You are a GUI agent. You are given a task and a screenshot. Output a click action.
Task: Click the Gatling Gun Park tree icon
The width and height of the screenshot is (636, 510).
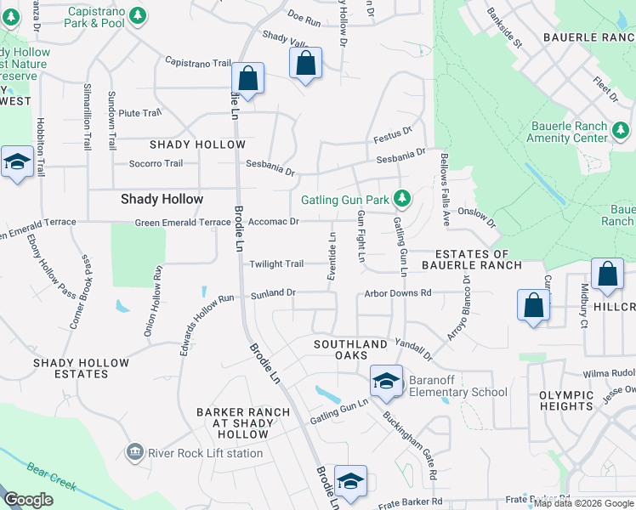402,201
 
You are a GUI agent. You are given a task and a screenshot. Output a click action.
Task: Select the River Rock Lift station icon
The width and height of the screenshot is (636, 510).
134,453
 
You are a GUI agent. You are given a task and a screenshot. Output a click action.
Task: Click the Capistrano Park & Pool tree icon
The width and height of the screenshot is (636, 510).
138,15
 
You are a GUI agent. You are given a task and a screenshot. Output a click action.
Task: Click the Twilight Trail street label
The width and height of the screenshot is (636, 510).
276,263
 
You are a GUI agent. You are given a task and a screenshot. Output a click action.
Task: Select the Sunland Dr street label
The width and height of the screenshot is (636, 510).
273,293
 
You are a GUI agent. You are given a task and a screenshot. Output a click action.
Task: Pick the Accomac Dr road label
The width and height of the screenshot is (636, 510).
273,222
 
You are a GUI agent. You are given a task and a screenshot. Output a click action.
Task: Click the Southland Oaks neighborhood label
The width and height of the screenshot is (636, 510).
350,344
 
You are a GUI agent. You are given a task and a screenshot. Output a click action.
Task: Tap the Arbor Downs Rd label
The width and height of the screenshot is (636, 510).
398,293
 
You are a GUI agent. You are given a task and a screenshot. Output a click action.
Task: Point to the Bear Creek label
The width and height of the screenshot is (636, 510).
51,478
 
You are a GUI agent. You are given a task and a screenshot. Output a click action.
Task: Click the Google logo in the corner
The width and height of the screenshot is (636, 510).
28,500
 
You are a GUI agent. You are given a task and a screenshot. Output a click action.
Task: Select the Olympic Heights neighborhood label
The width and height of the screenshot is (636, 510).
577,401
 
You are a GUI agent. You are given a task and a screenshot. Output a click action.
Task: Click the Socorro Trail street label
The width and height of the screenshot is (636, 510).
156,163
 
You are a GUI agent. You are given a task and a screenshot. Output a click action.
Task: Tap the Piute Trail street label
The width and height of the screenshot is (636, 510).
139,112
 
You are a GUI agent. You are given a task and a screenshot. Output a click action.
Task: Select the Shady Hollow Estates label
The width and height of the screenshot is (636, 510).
81,368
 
